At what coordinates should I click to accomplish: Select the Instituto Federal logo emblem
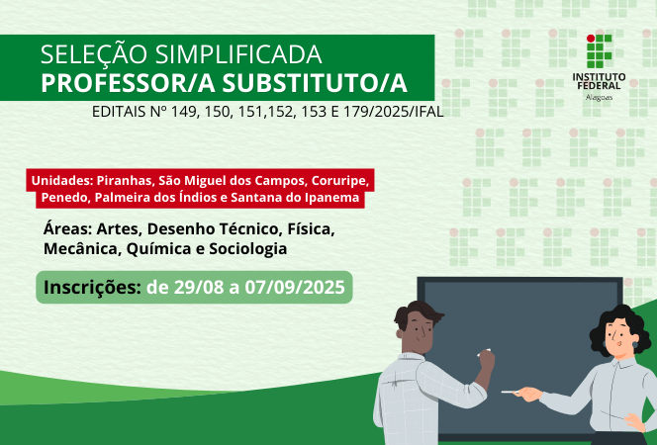coord(599,50)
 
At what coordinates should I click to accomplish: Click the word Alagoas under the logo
coord(599,98)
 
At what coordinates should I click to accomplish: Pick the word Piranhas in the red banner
coord(125,181)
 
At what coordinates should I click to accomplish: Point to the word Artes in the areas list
coord(118,229)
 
